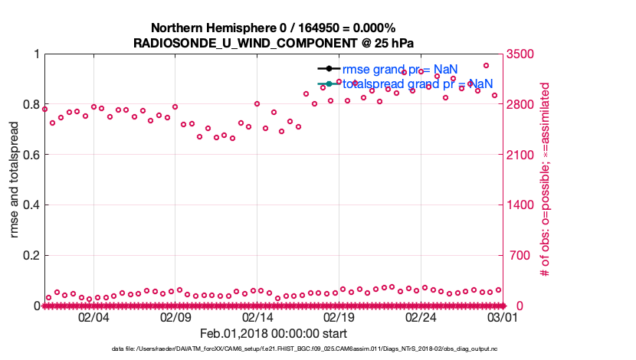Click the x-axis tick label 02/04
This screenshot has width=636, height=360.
coord(93,317)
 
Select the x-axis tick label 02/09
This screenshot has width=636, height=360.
coord(175,317)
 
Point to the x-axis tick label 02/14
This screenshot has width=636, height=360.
coord(257,317)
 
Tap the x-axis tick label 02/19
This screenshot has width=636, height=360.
coord(339,317)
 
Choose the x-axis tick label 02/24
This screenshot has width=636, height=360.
coord(421,317)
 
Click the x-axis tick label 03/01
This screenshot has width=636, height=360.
coord(503,317)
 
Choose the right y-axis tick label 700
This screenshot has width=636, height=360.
coord(516,256)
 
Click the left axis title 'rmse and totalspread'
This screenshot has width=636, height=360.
coord(15,179)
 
